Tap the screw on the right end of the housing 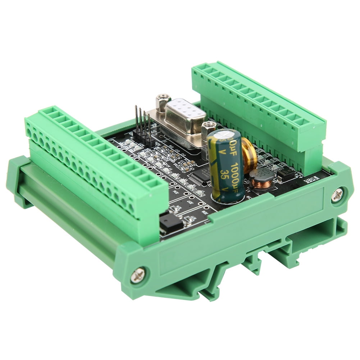coord(337,195)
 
